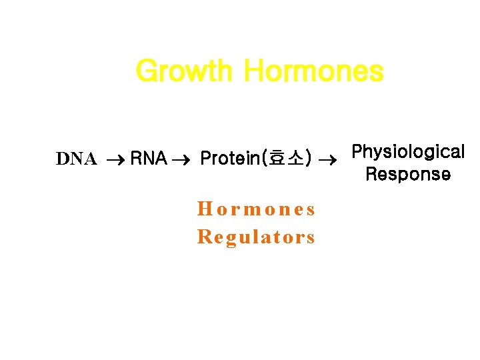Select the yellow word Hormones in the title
click(x=313, y=71)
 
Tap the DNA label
click(x=77, y=159)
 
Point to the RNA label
click(x=148, y=159)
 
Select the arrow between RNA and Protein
click(x=182, y=159)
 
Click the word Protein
click(x=230, y=159)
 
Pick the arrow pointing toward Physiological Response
click(x=327, y=159)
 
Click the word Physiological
click(x=407, y=152)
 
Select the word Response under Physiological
click(x=407, y=175)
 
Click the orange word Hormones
click(x=256, y=209)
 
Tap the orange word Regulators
click(x=256, y=237)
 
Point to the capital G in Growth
click(x=145, y=71)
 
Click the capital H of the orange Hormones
click(x=204, y=209)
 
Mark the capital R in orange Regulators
click(x=204, y=237)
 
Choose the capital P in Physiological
click(x=357, y=152)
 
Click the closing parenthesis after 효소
click(x=308, y=159)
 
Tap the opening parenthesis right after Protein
click(x=265, y=159)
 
